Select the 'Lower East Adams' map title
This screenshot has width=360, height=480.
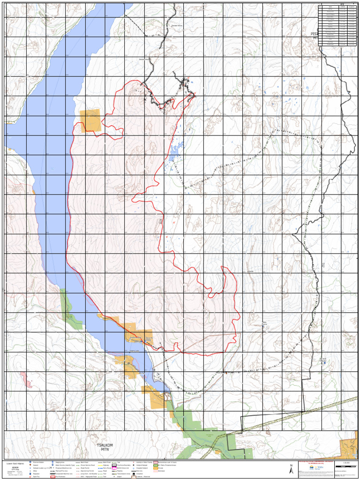15,463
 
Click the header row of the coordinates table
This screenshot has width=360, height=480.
336,7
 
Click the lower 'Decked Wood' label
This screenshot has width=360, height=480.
145,60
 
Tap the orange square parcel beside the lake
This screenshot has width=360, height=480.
90,120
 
